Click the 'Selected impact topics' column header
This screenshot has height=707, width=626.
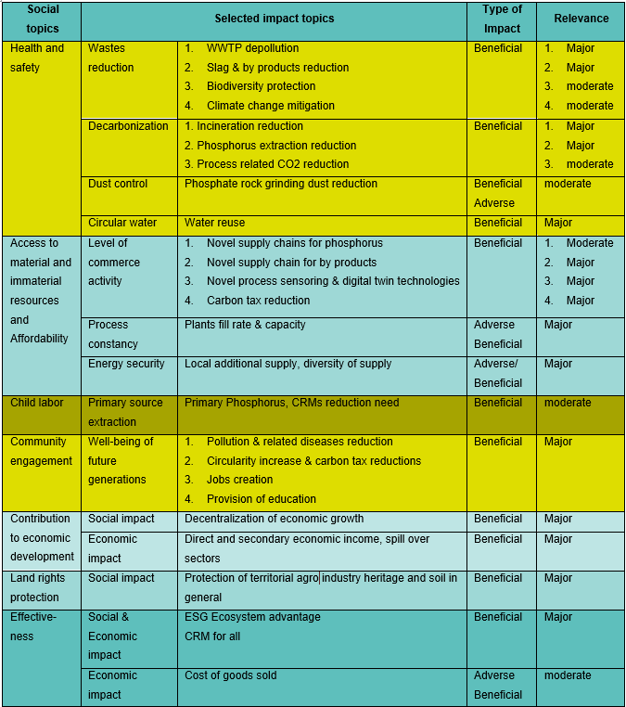[274, 19]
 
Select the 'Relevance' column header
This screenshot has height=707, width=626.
[581, 19]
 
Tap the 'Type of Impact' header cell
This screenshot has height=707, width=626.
[502, 19]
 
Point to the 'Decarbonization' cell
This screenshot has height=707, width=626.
[128, 126]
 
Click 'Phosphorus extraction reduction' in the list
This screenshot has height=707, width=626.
[276, 146]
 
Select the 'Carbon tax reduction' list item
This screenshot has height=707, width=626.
[258, 301]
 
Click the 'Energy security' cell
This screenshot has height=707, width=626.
[126, 364]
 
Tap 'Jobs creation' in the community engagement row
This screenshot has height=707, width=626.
[239, 480]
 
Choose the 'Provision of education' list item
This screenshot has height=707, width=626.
[262, 499]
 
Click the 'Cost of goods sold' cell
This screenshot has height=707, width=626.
[231, 675]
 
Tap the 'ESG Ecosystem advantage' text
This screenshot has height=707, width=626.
[252, 617]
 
